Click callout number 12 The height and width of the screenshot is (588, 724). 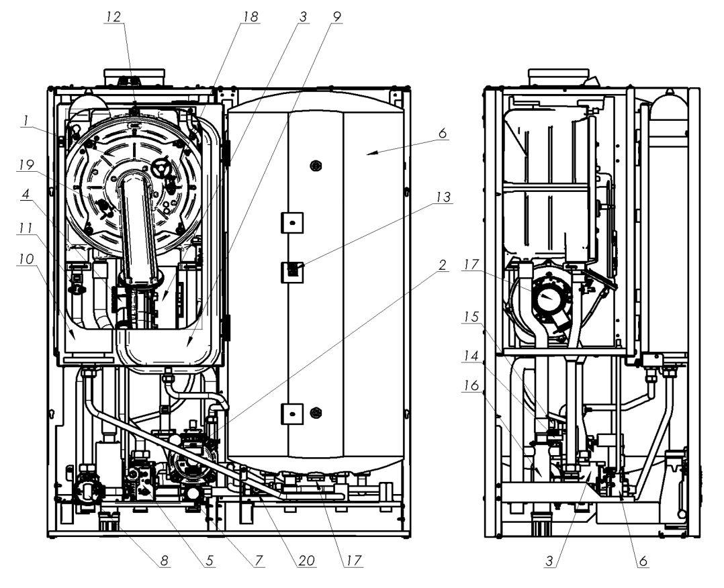tap(113, 17)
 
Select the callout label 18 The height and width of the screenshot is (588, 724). tap(251, 17)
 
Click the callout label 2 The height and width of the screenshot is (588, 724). tap(442, 265)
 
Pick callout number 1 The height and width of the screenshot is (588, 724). tap(26, 121)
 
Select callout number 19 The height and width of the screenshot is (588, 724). tap(26, 164)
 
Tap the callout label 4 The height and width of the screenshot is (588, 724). tap(26, 194)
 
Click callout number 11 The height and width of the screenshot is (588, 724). tap(26, 228)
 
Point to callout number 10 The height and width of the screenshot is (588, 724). tap(26, 258)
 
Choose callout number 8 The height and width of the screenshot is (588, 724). tap(164, 560)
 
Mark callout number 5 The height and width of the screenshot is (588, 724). tap(210, 560)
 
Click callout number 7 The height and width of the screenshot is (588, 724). tap(258, 560)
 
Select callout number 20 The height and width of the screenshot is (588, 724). tap(306, 560)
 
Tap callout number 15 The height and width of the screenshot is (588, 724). tap(471, 317)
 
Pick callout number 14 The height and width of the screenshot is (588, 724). tap(471, 356)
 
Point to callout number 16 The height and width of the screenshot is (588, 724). tap(471, 385)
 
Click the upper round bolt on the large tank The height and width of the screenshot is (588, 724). tap(316, 164)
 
